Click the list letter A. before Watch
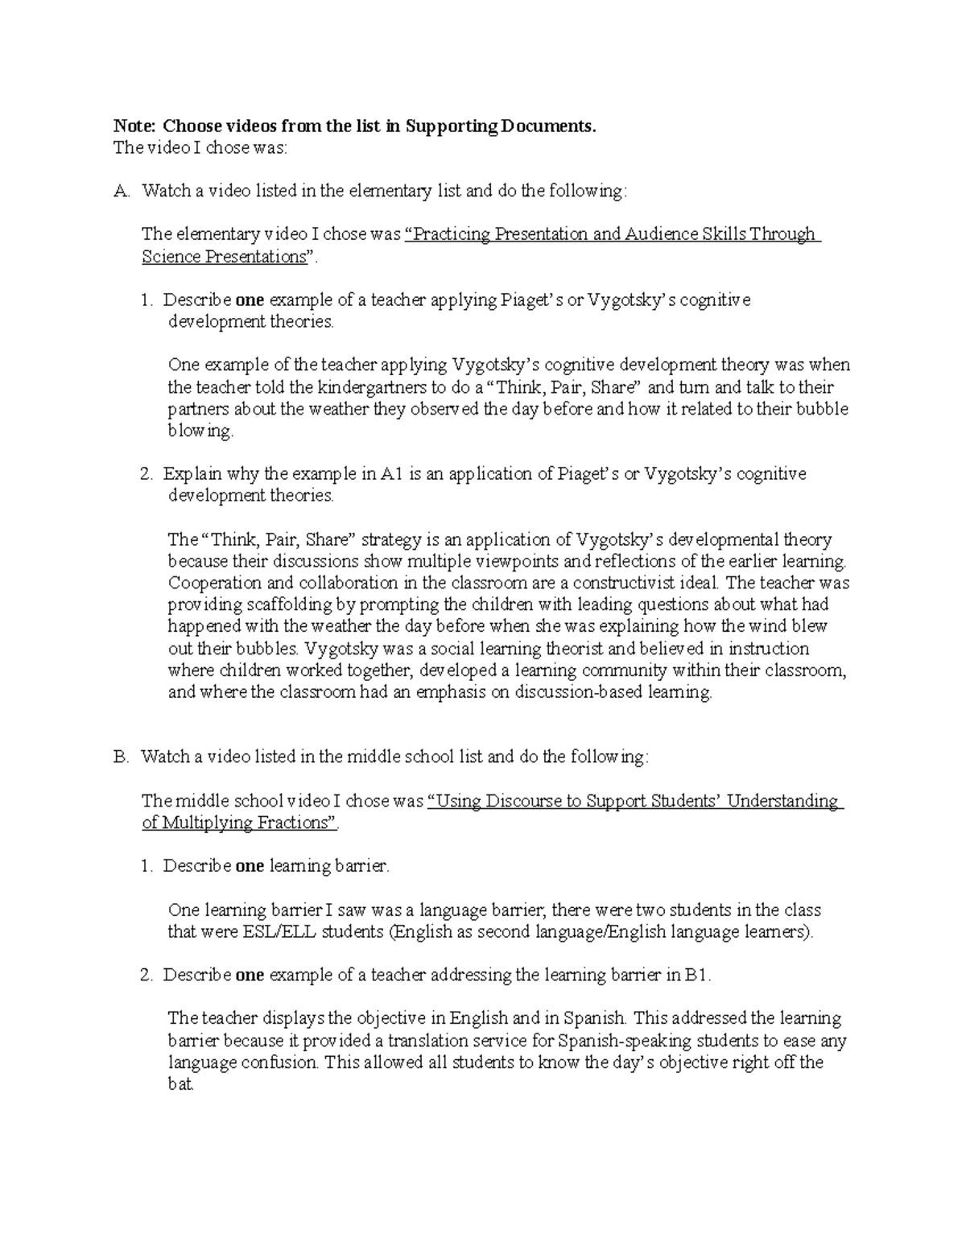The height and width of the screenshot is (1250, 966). pyautogui.click(x=122, y=191)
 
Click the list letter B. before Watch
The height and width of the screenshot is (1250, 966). pyautogui.click(x=122, y=757)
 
